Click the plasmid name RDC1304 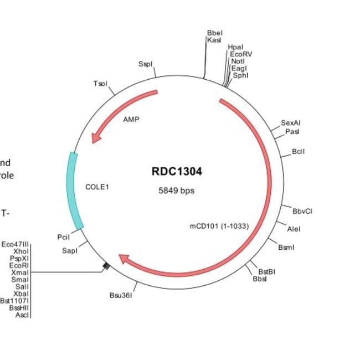click(x=177, y=172)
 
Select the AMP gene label click(x=131, y=119)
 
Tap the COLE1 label click(x=97, y=187)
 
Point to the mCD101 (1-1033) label click(x=219, y=226)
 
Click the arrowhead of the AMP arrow click(x=97, y=137)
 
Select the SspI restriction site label click(x=145, y=64)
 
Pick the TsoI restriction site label click(x=100, y=84)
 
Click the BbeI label click(x=214, y=33)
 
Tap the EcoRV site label click(x=241, y=54)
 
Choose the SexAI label click(x=291, y=122)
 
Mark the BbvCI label click(x=303, y=210)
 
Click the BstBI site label click(x=267, y=271)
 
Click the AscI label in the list click(x=22, y=315)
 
